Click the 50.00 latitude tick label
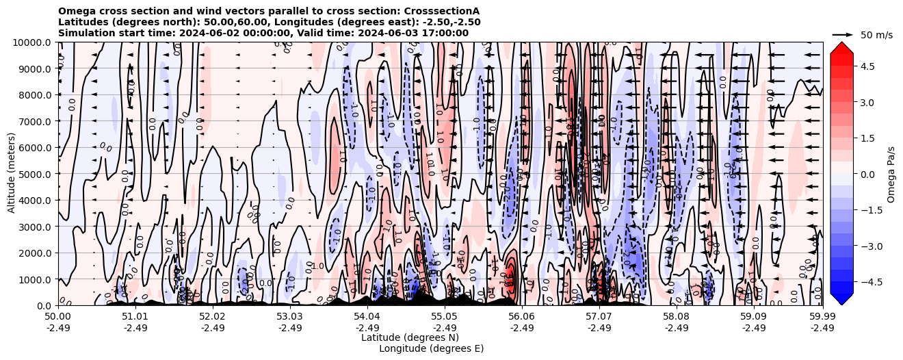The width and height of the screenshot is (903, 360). click(58, 317)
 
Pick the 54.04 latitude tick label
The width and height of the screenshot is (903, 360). click(367, 317)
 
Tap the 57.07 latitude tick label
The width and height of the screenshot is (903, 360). click(599, 317)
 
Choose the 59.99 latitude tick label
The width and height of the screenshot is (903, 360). click(822, 317)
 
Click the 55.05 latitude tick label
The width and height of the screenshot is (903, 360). click(445, 317)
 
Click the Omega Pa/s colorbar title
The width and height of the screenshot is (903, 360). click(891, 174)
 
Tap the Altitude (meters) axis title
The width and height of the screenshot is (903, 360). click(12, 174)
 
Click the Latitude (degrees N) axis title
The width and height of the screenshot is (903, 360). click(410, 337)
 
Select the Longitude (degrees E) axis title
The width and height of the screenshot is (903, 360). click(431, 348)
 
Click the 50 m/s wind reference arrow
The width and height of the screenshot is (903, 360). click(843, 34)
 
